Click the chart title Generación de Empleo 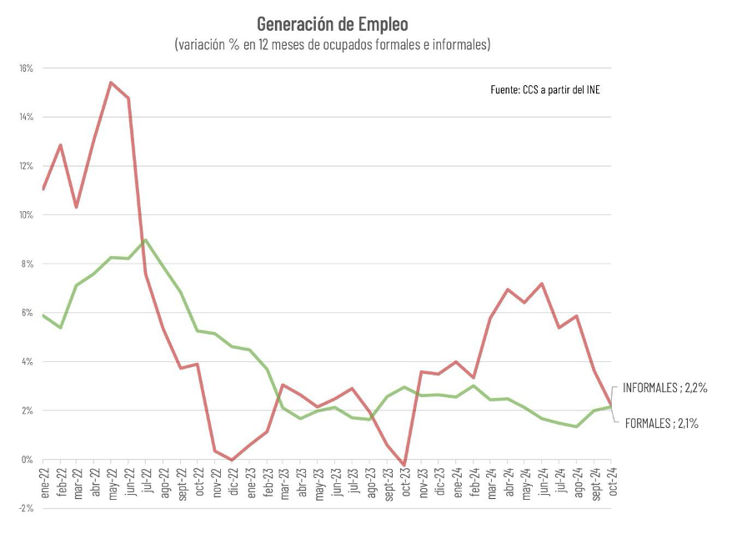coord(332,23)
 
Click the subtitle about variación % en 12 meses coord(332,44)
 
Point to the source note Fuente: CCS coord(545,89)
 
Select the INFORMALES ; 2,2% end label coord(665,387)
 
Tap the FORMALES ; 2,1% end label coord(661,424)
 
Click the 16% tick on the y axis coord(25,68)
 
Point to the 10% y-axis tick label coord(25,215)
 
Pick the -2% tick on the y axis coord(25,508)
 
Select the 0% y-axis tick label coord(26,460)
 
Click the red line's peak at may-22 coord(111,82)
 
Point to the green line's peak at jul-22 coord(146,240)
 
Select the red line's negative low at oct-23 coord(404,466)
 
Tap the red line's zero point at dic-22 coord(232,460)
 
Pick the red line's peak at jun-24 coord(542,284)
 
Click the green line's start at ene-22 coord(43,315)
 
